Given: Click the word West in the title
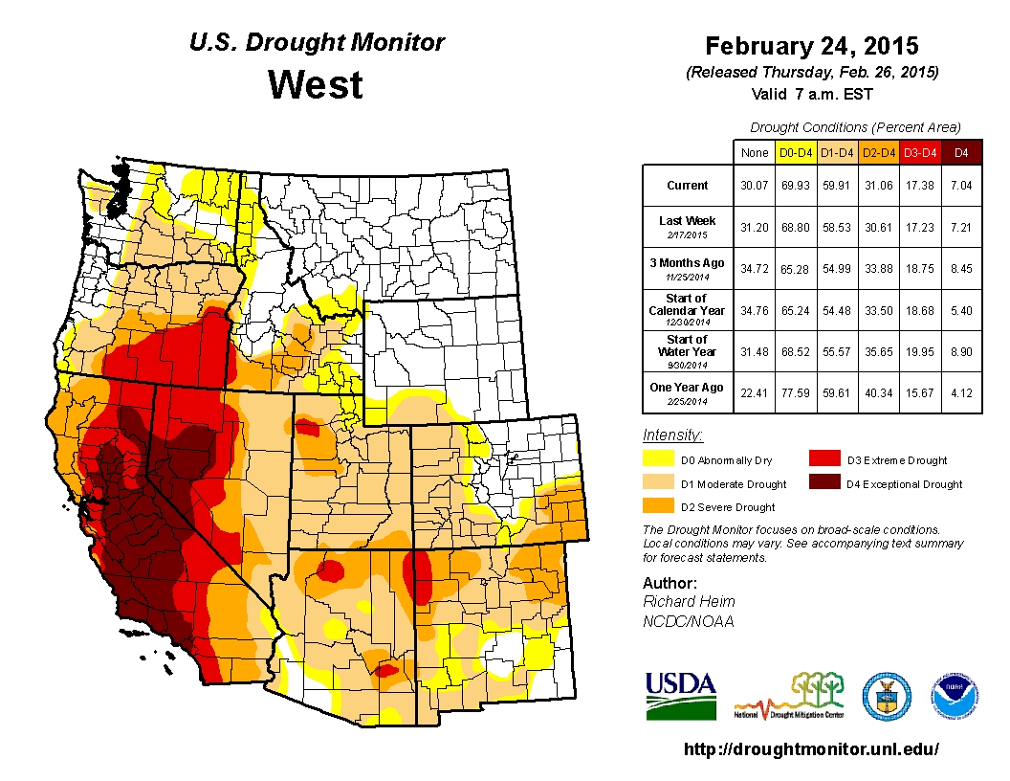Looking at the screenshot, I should pyautogui.click(x=315, y=84).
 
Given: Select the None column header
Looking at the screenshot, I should pyautogui.click(x=754, y=152).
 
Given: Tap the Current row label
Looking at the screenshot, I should pyautogui.click(x=688, y=186).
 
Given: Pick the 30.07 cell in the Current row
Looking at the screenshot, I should pyautogui.click(x=754, y=186).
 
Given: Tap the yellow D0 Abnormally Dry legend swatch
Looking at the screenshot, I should pyautogui.click(x=656, y=460).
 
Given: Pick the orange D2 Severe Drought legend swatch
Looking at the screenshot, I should pyautogui.click(x=656, y=506).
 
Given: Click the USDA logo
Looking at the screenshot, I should pyautogui.click(x=680, y=695).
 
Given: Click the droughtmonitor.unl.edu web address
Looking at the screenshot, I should pyautogui.click(x=811, y=749).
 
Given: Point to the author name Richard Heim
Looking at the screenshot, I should pyautogui.click(x=689, y=601).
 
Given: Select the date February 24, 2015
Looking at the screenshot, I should pyautogui.click(x=811, y=46).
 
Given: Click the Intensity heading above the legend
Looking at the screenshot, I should pyautogui.click(x=672, y=435).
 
